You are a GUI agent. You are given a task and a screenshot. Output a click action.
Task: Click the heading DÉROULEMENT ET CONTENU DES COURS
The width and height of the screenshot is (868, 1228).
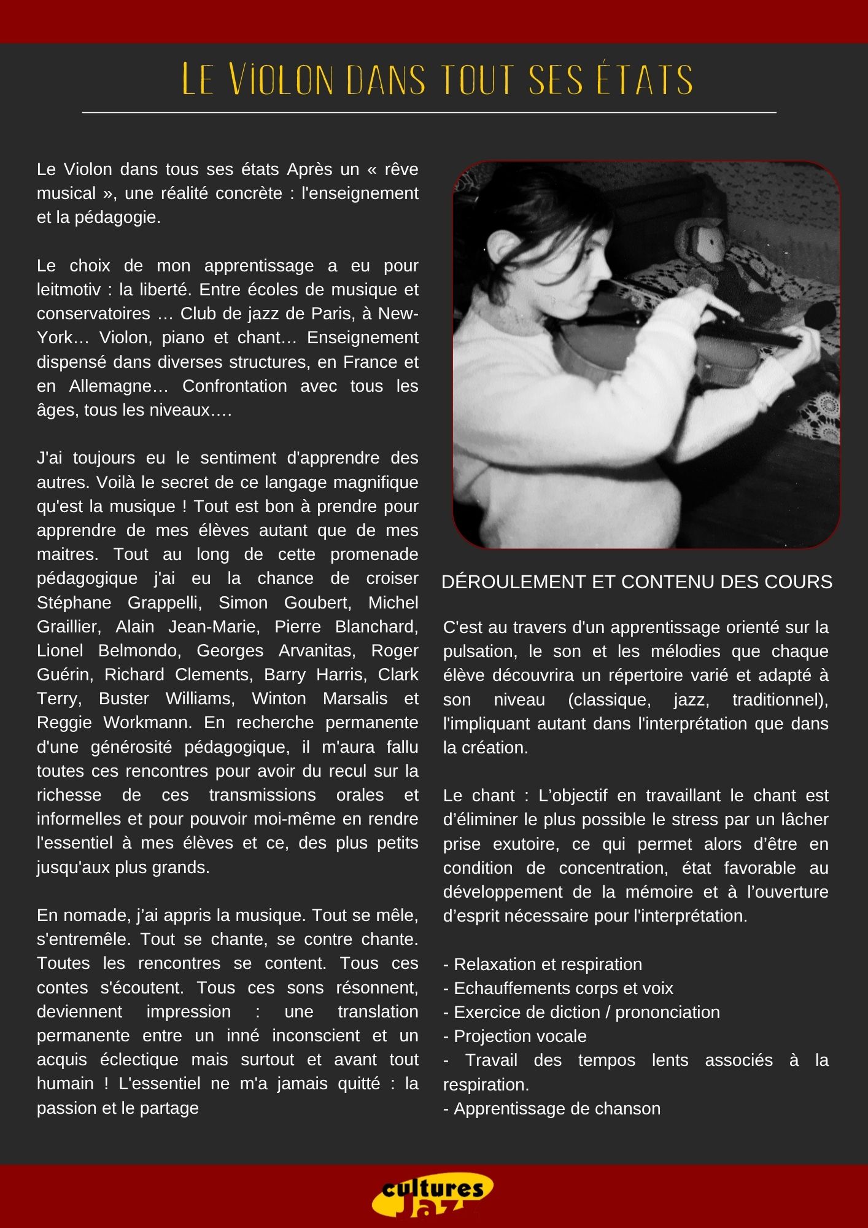tap(637, 581)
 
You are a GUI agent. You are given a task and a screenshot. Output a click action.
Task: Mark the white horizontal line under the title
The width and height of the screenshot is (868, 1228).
tap(429, 113)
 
